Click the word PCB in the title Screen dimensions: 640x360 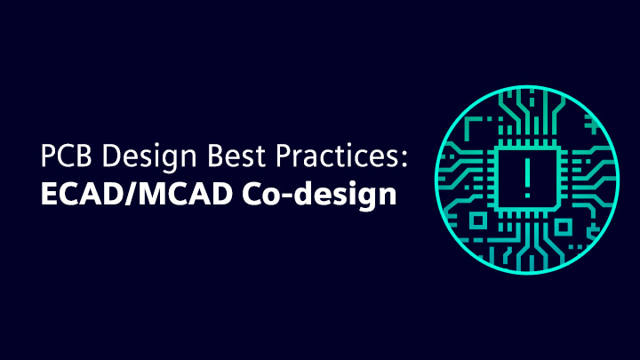pyautogui.click(x=66, y=156)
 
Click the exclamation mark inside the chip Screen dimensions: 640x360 pyautogui.click(x=527, y=178)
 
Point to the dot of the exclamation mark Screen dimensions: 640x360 pyautogui.click(x=527, y=196)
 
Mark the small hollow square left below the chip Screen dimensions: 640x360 pyautogui.click(x=478, y=221)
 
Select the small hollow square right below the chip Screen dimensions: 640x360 pyautogui.click(x=563, y=227)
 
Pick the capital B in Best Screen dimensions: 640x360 pyautogui.click(x=215, y=156)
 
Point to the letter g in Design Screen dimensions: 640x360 pyautogui.click(x=165, y=162)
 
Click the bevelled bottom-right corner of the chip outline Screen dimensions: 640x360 pyautogui.click(x=557, y=208)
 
